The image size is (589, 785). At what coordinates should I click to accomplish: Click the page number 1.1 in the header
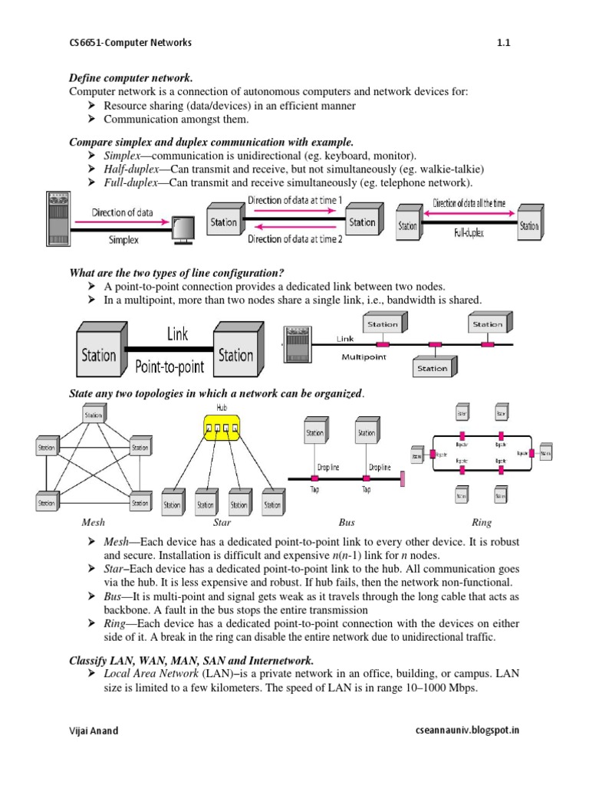503,43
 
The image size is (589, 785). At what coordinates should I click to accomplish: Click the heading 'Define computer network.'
130,79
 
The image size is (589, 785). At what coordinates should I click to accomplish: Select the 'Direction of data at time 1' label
295,200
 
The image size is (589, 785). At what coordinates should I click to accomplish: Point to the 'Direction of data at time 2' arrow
295,227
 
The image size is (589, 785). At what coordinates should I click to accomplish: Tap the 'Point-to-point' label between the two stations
169,367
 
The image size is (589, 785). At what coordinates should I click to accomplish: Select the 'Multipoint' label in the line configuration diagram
364,356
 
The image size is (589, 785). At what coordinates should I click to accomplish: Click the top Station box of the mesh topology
94,415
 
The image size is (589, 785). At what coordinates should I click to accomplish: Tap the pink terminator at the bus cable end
402,479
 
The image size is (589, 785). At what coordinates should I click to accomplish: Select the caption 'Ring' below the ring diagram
482,523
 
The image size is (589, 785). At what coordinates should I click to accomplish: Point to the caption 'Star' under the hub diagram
222,523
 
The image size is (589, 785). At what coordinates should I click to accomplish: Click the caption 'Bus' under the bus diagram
347,523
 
